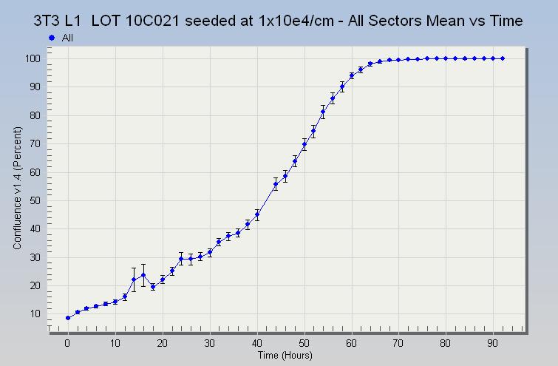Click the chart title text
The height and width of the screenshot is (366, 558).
(279, 21)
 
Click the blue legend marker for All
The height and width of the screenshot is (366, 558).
(52, 37)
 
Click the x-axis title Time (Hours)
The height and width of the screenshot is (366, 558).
(286, 356)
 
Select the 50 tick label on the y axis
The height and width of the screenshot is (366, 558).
(33, 200)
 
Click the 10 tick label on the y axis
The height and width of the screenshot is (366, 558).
(33, 314)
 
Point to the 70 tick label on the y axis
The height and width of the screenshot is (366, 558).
(33, 143)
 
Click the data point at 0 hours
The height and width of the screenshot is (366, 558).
(68, 318)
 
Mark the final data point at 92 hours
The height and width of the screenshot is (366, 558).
(503, 58)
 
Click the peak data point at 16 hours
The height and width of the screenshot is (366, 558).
(143, 275)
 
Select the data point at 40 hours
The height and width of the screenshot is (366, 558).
(257, 215)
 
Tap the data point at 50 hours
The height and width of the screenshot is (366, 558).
(304, 144)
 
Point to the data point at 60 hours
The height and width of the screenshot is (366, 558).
(352, 75)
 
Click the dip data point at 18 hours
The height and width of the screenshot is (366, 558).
(153, 287)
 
